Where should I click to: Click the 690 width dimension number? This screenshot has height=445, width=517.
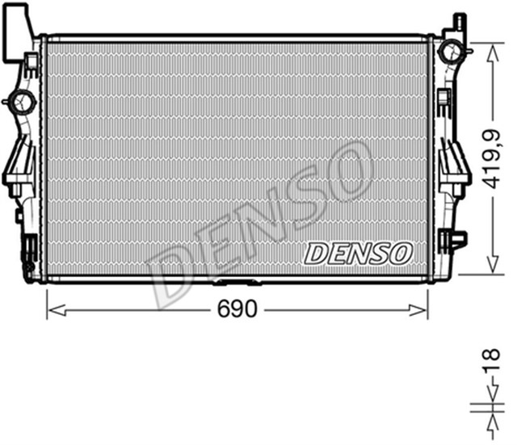tap(237, 309)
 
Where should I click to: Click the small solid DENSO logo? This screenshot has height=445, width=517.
tap(358, 253)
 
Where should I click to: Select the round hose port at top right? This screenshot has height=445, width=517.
tap(450, 51)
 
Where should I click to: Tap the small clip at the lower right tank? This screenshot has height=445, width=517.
tap(453, 239)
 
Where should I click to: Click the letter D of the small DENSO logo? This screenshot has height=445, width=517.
tap(314, 253)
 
